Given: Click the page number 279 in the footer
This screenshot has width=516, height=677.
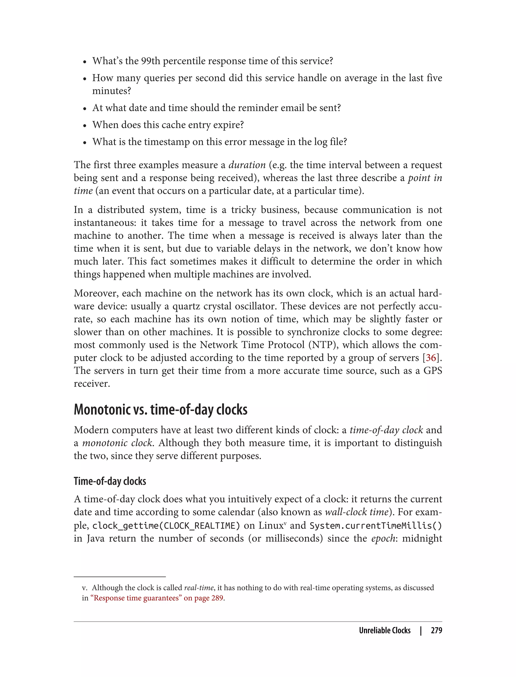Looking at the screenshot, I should coord(436,630).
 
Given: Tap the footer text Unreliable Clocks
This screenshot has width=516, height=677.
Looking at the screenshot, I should coord(384,630).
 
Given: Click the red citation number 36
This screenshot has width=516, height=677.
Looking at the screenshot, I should coord(431,358).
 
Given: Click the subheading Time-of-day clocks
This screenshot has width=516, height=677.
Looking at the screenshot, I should coord(110,481).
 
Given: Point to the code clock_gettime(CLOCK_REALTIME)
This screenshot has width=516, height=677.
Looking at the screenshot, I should coord(166,526).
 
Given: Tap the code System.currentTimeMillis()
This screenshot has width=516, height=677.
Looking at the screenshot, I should coord(375,526).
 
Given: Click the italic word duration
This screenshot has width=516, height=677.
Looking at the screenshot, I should coord(247,165).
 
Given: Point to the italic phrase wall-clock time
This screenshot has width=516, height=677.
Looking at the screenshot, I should coord(356,512).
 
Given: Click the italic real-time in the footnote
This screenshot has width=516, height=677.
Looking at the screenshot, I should coord(199,588).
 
